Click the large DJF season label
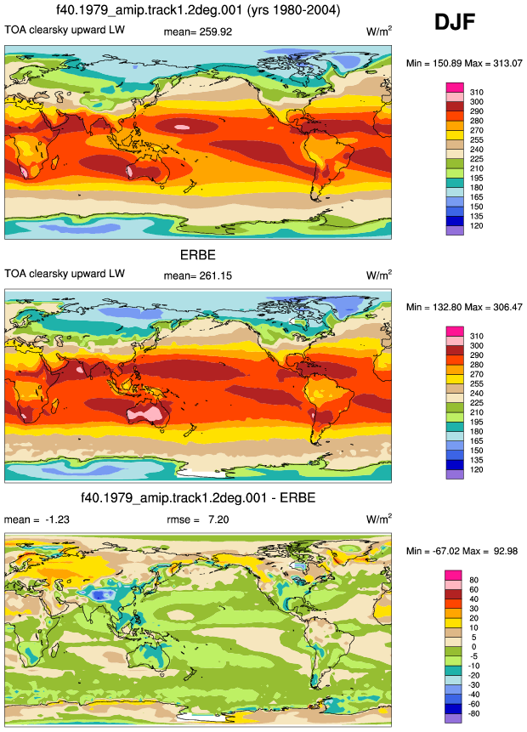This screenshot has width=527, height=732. [x=454, y=22]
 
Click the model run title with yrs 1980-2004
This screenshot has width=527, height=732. [x=197, y=10]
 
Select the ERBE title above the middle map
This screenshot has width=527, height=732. [x=198, y=255]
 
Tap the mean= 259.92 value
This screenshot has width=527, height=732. [x=197, y=31]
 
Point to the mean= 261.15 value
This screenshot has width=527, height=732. [x=197, y=275]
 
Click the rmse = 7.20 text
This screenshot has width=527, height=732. [x=198, y=519]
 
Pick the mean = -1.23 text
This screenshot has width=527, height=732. [x=37, y=519]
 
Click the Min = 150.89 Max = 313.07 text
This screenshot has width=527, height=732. [x=464, y=63]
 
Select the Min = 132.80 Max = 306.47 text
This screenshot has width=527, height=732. [x=464, y=307]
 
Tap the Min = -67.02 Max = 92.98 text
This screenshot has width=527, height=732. [x=462, y=551]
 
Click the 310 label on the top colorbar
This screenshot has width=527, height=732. [x=477, y=93]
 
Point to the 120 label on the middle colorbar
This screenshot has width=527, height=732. [x=477, y=469]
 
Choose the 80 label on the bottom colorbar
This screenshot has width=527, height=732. [x=473, y=580]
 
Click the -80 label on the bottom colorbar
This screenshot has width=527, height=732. [x=473, y=713]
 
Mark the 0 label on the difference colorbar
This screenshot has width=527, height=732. [x=473, y=647]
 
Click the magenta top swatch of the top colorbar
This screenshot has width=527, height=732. [x=455, y=88]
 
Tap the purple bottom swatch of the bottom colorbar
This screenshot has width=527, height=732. [x=453, y=718]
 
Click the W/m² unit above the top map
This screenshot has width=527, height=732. [x=379, y=31]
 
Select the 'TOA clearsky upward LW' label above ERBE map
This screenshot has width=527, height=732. [x=65, y=274]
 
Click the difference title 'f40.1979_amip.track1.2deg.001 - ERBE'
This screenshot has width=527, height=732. [x=198, y=497]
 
